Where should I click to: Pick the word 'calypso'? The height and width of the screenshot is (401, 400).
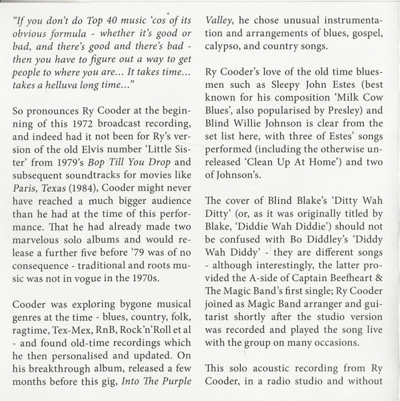227,50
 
